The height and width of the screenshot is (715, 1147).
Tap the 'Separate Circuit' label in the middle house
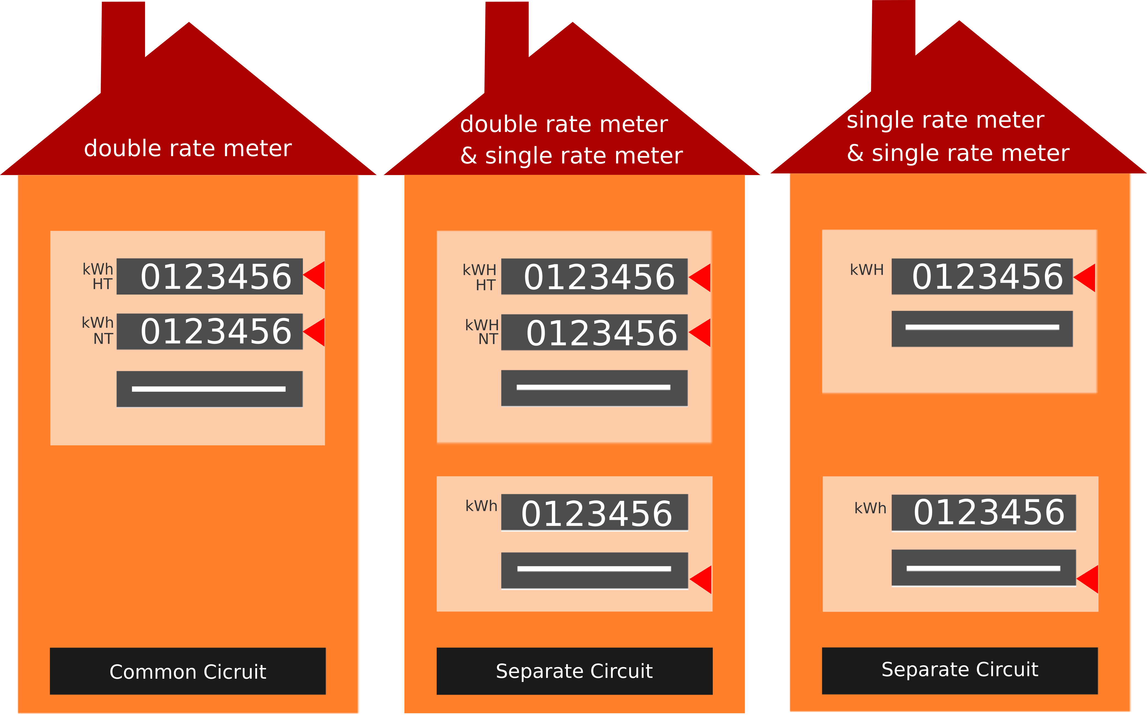(574, 671)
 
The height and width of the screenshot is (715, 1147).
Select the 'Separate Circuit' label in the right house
(960, 670)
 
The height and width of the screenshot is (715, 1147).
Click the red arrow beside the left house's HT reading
(314, 275)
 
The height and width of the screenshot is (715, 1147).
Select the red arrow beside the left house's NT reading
(314, 332)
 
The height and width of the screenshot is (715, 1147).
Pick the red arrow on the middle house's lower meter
(700, 579)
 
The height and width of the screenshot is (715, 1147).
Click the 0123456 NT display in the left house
(210, 331)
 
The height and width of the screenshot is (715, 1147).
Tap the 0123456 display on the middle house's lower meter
(595, 512)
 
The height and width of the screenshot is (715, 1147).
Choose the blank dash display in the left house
(210, 389)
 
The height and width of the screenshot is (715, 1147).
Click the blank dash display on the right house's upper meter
(982, 329)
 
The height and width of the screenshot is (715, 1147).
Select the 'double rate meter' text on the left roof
(188, 148)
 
